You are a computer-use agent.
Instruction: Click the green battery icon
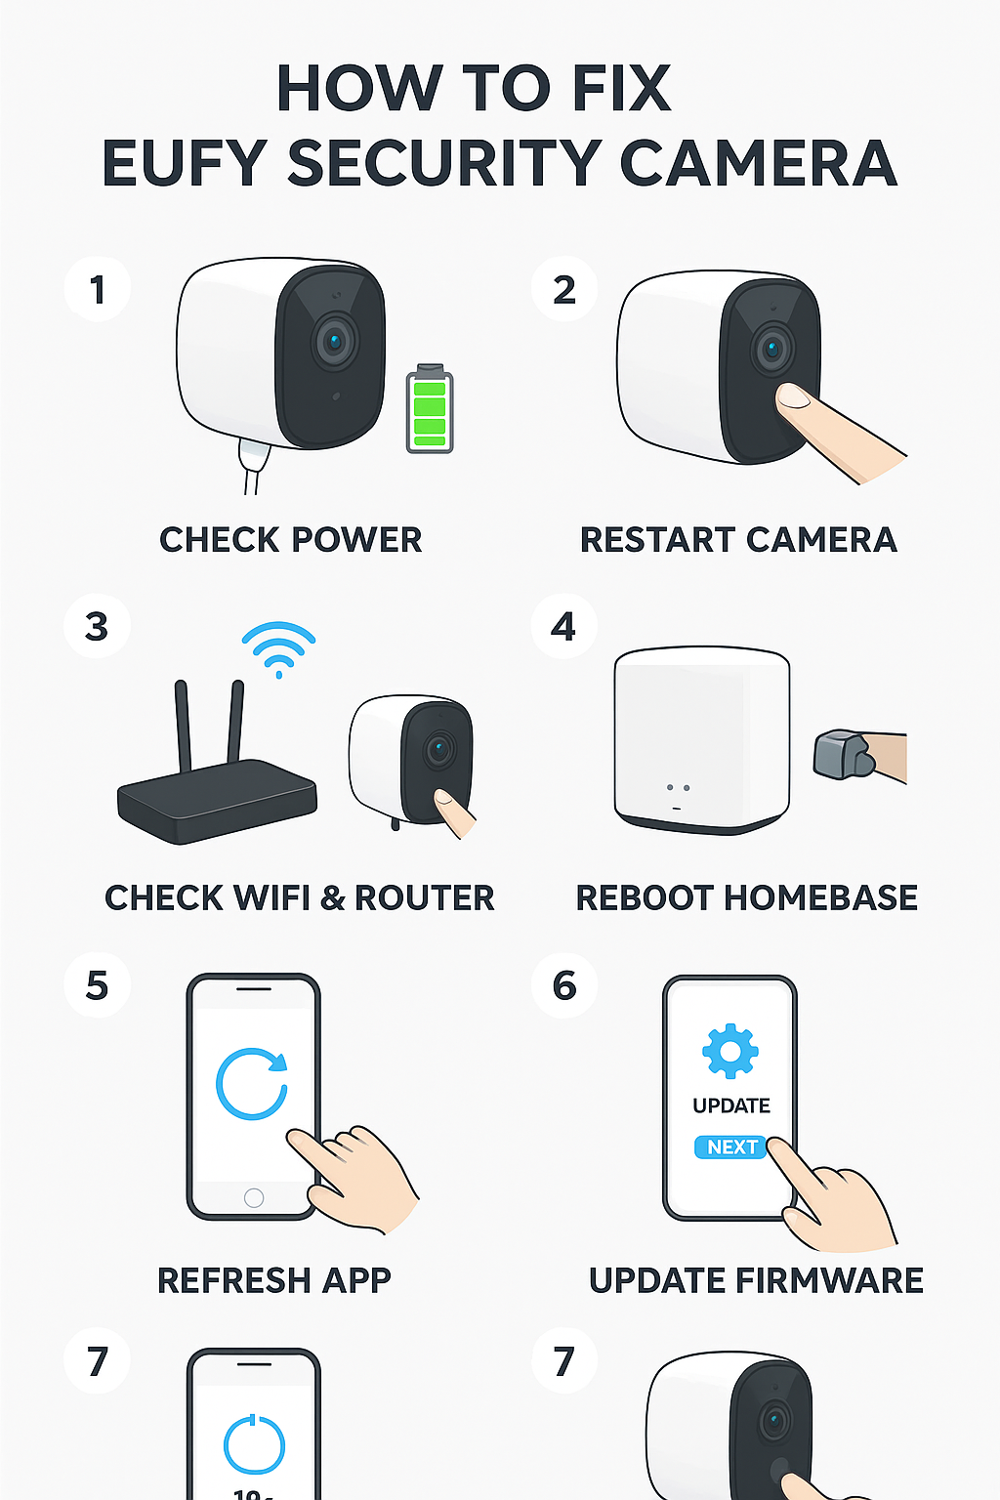pos(430,408)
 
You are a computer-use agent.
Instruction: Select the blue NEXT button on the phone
pos(731,1147)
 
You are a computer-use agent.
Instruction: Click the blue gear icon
pos(730,1052)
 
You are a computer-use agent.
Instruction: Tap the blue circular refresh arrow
pos(252,1083)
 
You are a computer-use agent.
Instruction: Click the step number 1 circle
pos(98,290)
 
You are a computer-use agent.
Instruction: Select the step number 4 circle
pos(564,627)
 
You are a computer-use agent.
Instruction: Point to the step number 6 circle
pos(564,985)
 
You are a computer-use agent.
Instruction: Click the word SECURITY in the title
pos(444,163)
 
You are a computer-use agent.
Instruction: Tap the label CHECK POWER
pos(291,540)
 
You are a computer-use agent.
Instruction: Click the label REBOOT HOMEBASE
pos(747,898)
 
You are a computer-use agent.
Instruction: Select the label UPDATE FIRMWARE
pos(756,1280)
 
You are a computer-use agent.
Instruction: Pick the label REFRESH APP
pos(274,1280)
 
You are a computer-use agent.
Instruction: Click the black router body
pos(217,800)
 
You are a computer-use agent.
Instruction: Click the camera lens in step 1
pos(334,342)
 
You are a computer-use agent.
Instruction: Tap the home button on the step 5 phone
pos(254,1197)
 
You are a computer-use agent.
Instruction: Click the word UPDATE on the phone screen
pos(731,1105)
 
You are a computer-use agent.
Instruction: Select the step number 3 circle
pos(97,627)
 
